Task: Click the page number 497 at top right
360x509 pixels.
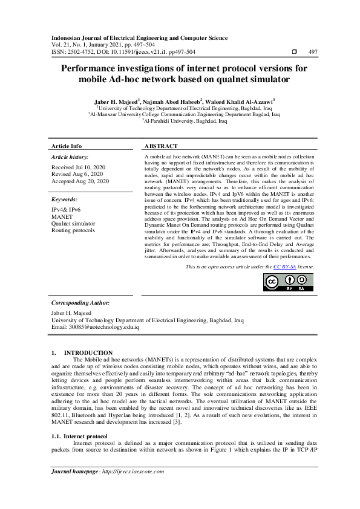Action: [313, 53]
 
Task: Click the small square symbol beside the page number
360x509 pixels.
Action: [295, 53]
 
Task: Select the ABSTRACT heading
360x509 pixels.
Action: [161, 146]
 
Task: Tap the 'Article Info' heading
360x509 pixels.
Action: [67, 146]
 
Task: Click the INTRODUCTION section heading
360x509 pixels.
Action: [88, 353]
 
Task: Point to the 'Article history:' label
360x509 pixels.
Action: [70, 157]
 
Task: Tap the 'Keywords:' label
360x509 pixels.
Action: [64, 199]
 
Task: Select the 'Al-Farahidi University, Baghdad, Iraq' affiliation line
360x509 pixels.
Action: [185, 121]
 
